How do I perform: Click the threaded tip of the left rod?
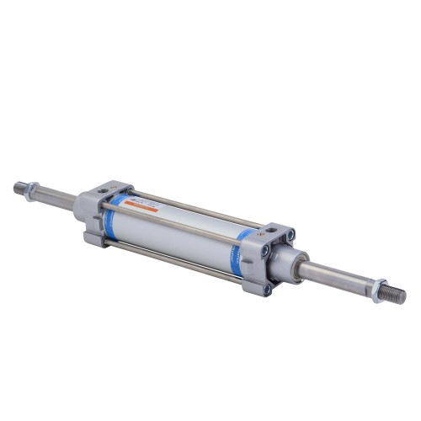(19, 187)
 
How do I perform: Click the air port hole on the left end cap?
(105, 195)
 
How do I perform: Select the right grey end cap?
(268, 257)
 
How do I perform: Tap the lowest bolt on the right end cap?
(269, 288)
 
